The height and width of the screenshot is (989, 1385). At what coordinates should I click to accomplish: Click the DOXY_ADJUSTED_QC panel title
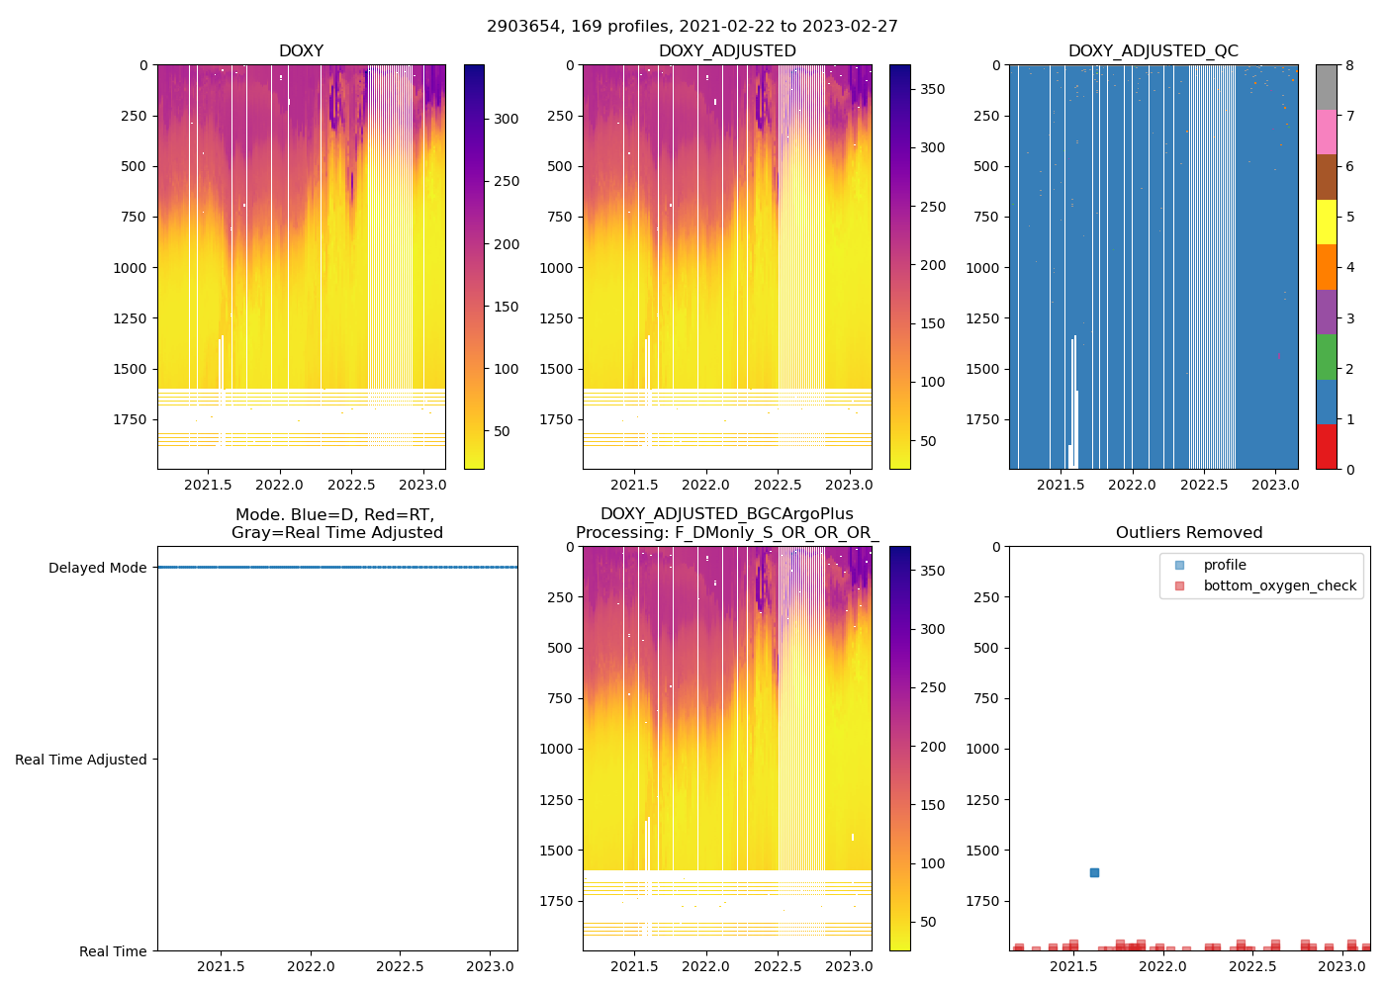[x=1153, y=51]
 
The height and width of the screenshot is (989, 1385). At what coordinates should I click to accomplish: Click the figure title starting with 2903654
[x=692, y=27]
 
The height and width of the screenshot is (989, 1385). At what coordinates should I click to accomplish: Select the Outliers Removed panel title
[x=1189, y=533]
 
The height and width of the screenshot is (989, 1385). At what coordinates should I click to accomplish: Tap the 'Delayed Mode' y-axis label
[x=97, y=568]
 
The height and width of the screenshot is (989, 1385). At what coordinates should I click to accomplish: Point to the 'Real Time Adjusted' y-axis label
[x=80, y=760]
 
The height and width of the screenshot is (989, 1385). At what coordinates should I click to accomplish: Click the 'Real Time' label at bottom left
[x=113, y=951]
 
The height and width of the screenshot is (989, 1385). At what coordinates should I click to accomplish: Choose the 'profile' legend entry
[x=1225, y=565]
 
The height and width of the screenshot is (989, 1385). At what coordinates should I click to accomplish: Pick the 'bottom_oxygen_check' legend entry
[x=1279, y=585]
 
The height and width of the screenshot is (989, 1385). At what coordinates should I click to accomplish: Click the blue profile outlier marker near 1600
[x=1094, y=872]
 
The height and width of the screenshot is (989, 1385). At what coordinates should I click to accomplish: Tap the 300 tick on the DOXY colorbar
[x=507, y=119]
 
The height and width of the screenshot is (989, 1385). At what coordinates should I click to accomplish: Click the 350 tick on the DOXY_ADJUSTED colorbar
[x=932, y=89]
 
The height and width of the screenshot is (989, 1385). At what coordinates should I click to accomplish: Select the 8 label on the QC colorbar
[x=1349, y=65]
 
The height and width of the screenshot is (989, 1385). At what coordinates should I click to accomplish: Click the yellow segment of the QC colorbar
[x=1327, y=223]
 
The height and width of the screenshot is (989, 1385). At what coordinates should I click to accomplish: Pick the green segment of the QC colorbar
[x=1327, y=357]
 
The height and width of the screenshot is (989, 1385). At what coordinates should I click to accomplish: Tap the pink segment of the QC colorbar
[x=1327, y=133]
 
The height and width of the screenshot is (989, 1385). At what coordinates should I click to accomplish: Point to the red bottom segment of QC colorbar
[x=1327, y=447]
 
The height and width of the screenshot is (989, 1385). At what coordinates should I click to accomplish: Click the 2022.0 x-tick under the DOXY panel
[x=280, y=486]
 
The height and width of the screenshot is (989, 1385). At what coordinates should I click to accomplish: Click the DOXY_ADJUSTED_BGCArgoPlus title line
[x=727, y=514]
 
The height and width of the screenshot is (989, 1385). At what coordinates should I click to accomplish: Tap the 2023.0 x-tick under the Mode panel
[x=490, y=967]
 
